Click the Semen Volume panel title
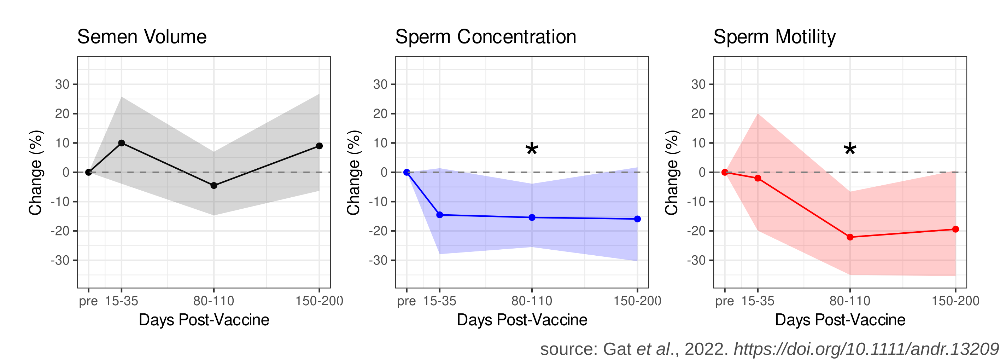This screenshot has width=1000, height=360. click(x=142, y=37)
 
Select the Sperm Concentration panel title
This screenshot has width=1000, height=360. click(x=485, y=37)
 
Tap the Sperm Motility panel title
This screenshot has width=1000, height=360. click(x=774, y=37)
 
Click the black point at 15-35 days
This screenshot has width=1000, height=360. click(x=122, y=143)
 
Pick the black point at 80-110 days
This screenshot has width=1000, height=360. click(x=214, y=186)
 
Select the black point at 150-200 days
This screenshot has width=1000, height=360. click(x=319, y=146)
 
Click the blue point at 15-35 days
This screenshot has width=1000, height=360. click(x=440, y=215)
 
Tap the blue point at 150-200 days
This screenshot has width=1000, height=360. click(x=637, y=219)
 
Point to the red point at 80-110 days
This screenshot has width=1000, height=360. click(x=850, y=237)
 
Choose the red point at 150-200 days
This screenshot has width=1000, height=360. click(x=955, y=229)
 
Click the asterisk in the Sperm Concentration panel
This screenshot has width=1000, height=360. click(x=532, y=150)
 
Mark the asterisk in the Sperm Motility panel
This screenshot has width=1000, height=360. click(x=850, y=150)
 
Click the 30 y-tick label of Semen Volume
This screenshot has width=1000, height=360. click(x=62, y=84)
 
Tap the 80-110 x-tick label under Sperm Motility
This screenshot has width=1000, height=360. click(x=850, y=301)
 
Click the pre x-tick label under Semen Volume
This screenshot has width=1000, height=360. click(x=88, y=301)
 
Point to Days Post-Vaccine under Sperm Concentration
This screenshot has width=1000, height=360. click(x=522, y=320)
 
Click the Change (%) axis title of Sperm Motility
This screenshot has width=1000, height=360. click(x=672, y=173)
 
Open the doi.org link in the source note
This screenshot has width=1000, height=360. click(x=866, y=349)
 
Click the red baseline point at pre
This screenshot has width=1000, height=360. click(x=725, y=173)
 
